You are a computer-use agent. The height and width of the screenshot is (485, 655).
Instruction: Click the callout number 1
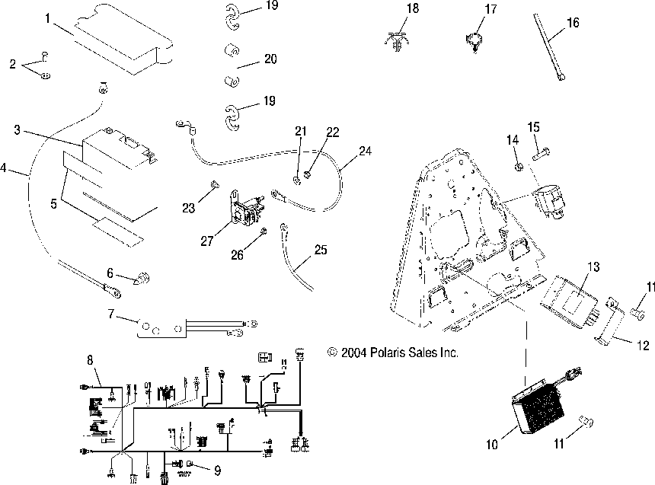pos(48,16)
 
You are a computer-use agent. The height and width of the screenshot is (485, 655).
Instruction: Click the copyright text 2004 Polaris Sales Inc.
pos(393,353)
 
